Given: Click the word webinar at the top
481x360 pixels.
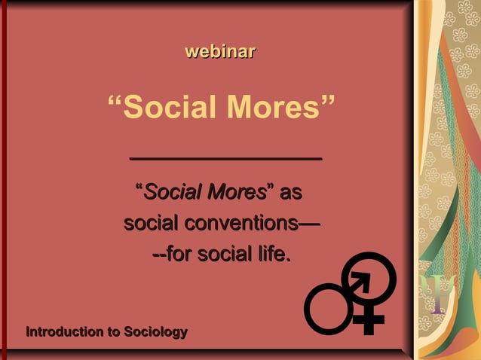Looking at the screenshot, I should tap(220, 52).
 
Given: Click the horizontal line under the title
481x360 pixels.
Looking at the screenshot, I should tap(225, 158).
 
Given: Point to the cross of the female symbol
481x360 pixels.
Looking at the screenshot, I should tap(369, 320).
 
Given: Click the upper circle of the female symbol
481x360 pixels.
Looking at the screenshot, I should tap(369, 276).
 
